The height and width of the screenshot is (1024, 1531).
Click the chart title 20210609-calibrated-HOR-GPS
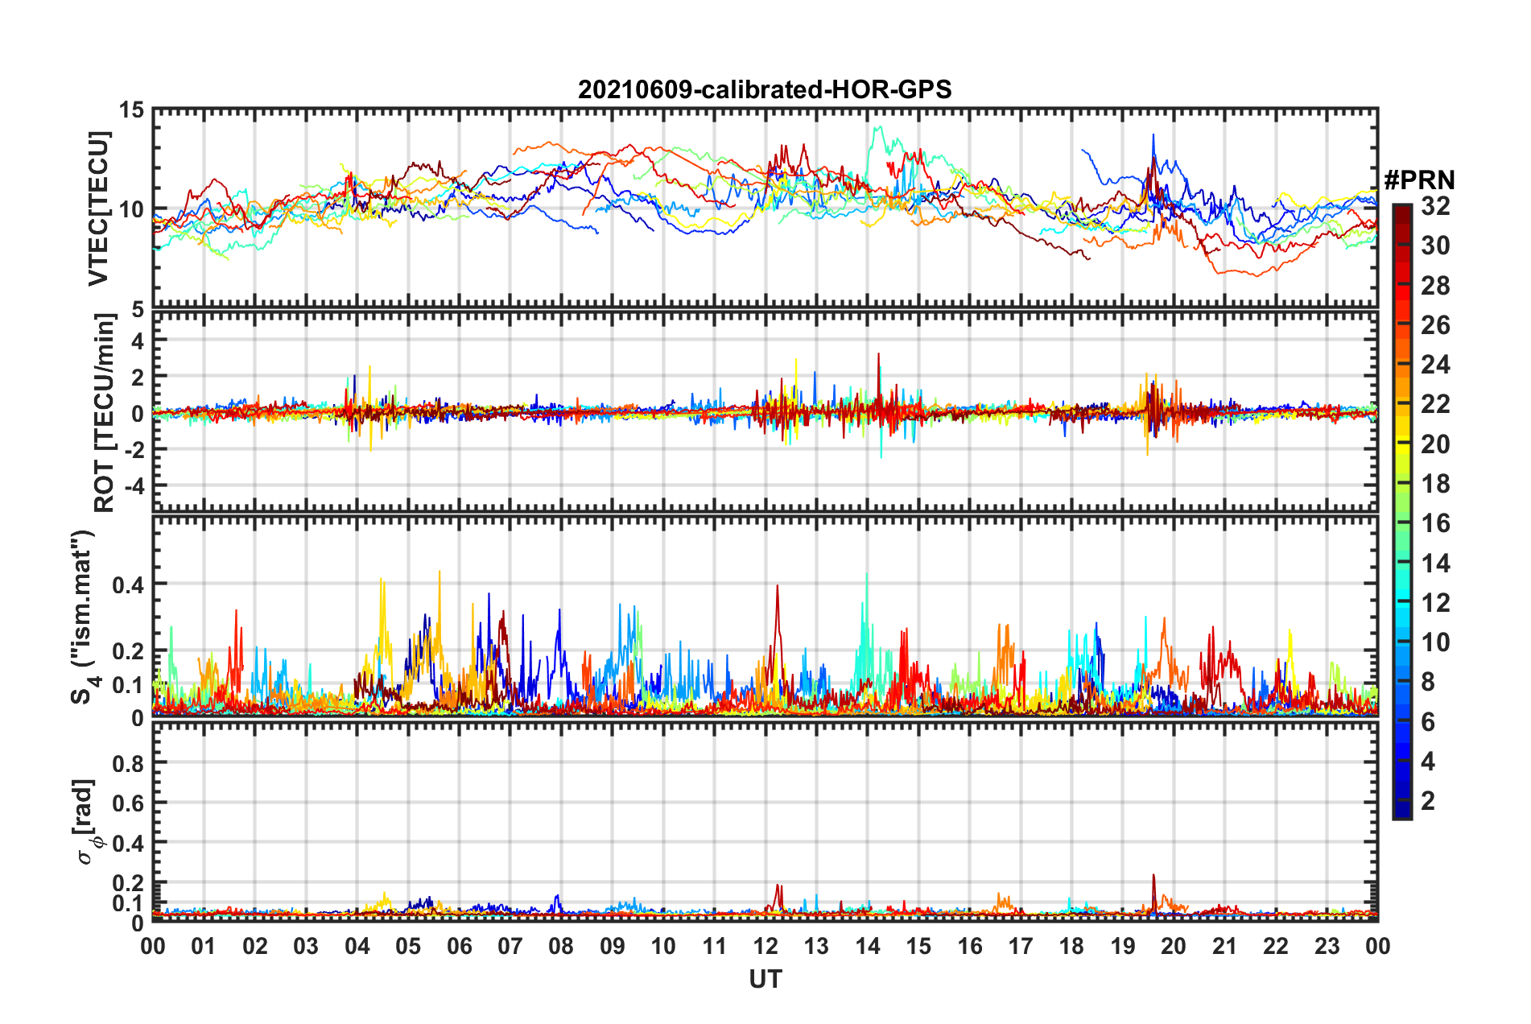(x=765, y=89)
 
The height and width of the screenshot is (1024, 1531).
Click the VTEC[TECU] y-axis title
(x=99, y=209)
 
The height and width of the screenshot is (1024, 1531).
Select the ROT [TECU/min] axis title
(x=105, y=413)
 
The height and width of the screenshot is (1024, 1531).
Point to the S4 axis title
(x=84, y=617)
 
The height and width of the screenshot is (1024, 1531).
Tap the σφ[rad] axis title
(x=87, y=822)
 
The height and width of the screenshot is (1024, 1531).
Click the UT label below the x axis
(x=765, y=979)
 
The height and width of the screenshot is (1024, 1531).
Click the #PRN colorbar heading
(x=1419, y=180)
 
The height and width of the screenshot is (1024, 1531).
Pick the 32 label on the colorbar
(x=1435, y=206)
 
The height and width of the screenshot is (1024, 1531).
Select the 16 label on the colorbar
(x=1435, y=523)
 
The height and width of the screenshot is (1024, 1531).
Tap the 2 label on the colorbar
(x=1429, y=800)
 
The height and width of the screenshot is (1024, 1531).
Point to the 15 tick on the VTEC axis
(x=132, y=109)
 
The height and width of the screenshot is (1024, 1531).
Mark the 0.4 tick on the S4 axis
(x=128, y=584)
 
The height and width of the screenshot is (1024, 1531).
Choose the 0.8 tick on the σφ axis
(x=128, y=763)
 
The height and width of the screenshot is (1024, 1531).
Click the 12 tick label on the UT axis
(x=765, y=946)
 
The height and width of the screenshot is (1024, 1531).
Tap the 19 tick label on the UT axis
(x=1122, y=946)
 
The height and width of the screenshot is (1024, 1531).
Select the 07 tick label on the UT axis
(x=510, y=946)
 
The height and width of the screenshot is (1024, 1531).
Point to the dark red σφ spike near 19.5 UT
(x=1153, y=876)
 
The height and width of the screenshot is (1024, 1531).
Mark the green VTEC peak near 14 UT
(x=878, y=127)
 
